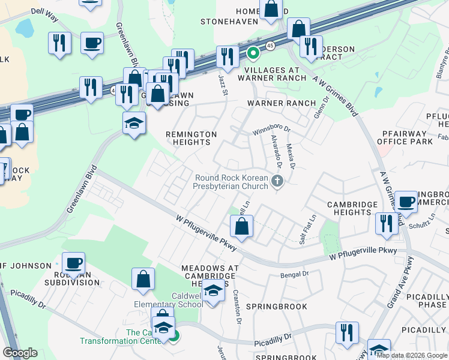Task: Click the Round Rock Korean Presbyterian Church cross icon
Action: point(277,181)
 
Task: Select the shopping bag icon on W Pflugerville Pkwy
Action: point(241,226)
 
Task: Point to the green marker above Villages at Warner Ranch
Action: point(253,54)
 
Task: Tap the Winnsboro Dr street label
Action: point(271,129)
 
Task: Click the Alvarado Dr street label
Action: point(277,149)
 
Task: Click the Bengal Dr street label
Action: point(294,274)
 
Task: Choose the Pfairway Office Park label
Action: point(405,137)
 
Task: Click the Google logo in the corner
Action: point(20,353)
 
